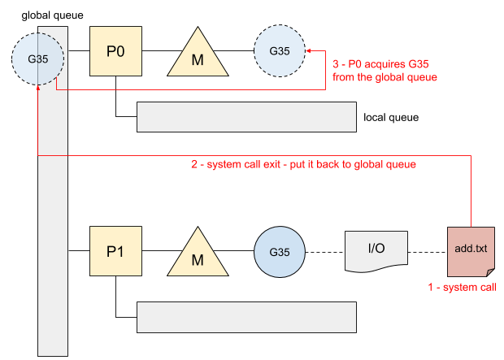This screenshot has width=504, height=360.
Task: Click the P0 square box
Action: pyautogui.click(x=115, y=51)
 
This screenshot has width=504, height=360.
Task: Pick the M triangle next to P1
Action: pyautogui.click(x=196, y=254)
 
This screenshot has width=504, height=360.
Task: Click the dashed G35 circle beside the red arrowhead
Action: pyautogui.click(x=279, y=50)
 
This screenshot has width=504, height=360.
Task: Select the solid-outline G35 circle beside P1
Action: pyautogui.click(x=279, y=250)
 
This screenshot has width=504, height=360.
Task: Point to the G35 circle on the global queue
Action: pyautogui.click(x=38, y=59)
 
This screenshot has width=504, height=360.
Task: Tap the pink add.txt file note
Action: pyautogui.click(x=471, y=250)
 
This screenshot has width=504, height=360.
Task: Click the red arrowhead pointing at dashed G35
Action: pyautogui.click(x=309, y=50)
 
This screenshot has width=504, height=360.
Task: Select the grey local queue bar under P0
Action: pyautogui.click(x=246, y=117)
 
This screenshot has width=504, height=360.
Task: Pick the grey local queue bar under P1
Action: pyautogui.click(x=246, y=317)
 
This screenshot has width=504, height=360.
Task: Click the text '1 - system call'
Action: pyautogui.click(x=461, y=287)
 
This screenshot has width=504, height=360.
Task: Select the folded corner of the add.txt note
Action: pyautogui.click(x=489, y=272)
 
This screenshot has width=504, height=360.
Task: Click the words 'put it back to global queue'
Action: pyautogui.click(x=353, y=164)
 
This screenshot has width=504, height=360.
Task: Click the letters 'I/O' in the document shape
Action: pyautogui.click(x=376, y=247)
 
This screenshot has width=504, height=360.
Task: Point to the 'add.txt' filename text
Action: pyautogui.click(x=471, y=247)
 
